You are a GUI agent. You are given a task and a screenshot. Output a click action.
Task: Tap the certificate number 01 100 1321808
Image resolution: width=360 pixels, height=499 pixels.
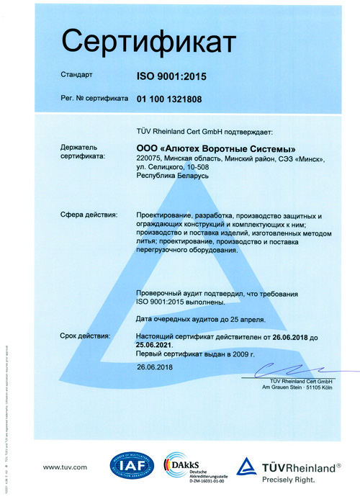(x=175, y=98)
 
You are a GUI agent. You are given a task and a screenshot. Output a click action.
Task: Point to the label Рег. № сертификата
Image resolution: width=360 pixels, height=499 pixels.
(x=94, y=98)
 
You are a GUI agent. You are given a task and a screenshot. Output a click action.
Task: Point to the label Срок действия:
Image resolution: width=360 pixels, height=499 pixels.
(x=86, y=336)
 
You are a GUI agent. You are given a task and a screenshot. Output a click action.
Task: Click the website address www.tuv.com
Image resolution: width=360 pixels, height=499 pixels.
(x=65, y=467)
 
